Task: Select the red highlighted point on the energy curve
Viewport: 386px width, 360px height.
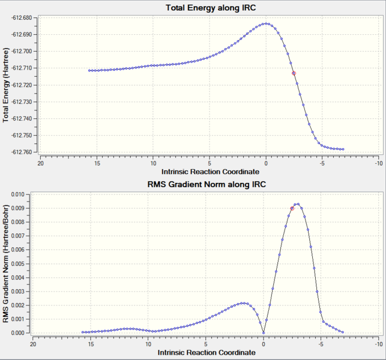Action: tap(294, 73)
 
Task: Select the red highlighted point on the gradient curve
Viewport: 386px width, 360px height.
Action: tap(292, 208)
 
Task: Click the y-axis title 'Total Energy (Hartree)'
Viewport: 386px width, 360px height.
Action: tap(6, 85)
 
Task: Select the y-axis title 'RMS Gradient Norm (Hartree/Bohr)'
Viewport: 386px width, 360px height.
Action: tap(6, 263)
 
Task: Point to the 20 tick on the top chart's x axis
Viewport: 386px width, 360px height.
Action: tap(41, 163)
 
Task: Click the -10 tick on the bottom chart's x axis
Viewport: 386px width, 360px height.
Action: tap(378, 345)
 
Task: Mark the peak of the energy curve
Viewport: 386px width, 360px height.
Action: tap(266, 24)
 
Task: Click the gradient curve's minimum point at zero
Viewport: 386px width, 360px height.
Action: tap(263, 333)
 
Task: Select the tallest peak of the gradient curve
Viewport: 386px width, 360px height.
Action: tap(297, 204)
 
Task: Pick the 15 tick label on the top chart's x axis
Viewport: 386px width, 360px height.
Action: tap(97, 163)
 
